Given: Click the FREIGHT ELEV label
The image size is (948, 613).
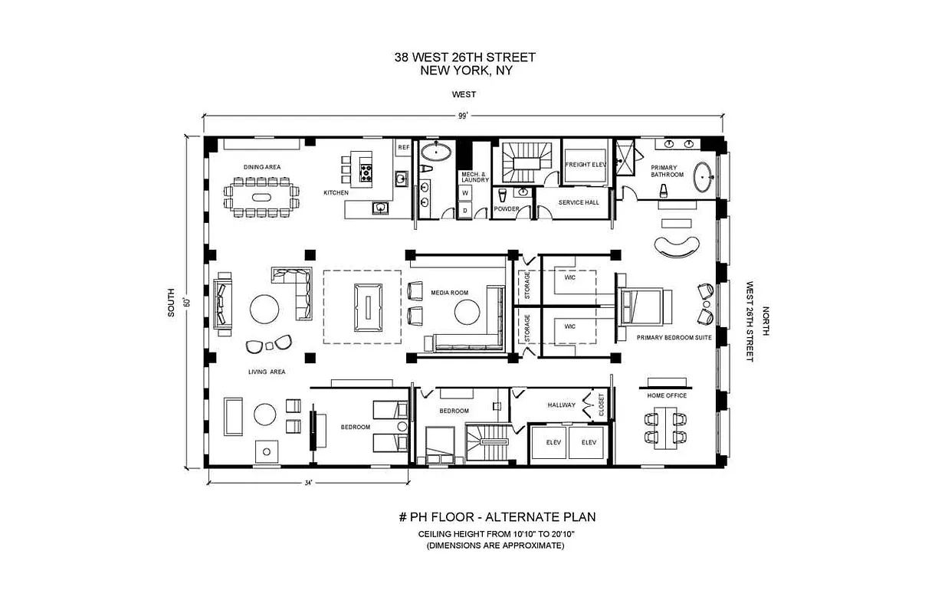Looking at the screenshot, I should (x=586, y=164).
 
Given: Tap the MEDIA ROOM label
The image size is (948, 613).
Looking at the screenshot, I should (x=444, y=293).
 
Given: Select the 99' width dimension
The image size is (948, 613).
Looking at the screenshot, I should (x=462, y=116).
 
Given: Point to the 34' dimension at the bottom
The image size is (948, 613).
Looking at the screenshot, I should (x=308, y=483).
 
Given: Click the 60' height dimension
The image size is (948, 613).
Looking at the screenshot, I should (x=187, y=302).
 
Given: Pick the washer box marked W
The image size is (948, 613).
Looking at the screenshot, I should (x=464, y=193).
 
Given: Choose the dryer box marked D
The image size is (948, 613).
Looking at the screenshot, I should (x=464, y=209).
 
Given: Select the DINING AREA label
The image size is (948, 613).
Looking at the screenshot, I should (x=262, y=166).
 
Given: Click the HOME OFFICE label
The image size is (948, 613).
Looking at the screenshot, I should (x=667, y=395).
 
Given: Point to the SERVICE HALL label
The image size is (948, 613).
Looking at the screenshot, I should (x=579, y=202).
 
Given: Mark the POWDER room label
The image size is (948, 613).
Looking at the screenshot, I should (x=507, y=208).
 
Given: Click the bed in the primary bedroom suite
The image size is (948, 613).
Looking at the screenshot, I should (x=645, y=306).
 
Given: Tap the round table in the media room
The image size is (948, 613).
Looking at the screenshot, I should (x=467, y=312).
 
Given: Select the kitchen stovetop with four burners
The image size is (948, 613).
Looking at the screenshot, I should (x=366, y=172).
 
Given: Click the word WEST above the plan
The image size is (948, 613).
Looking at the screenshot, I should (x=464, y=94).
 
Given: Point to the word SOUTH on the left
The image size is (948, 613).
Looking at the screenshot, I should (x=172, y=302).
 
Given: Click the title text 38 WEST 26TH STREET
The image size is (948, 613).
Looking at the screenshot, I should (x=464, y=57).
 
